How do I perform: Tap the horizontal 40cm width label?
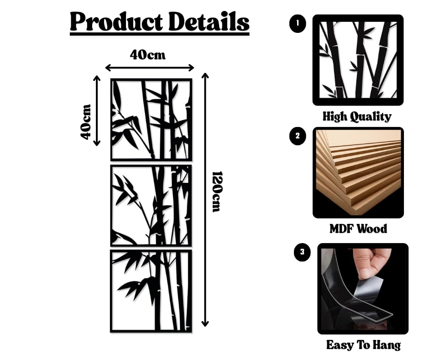tap(147, 55)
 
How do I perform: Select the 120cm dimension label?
tap(216, 191)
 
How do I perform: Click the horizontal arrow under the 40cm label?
tap(150, 68)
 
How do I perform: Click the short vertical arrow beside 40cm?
tap(97, 111)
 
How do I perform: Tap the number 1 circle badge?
tap(298, 24)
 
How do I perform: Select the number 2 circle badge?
tap(298, 136)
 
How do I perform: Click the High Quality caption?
tap(357, 116)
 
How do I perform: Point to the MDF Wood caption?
tap(358, 228)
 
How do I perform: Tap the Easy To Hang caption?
tap(363, 345)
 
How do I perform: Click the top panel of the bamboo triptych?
tap(151, 119)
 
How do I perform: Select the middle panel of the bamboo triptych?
tap(151, 205)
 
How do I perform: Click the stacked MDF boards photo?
tap(358, 172)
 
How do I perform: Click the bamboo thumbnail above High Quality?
tap(358, 60)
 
